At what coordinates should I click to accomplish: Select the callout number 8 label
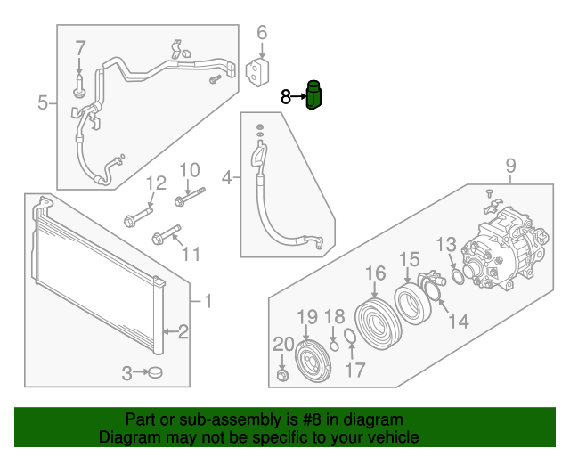coord(286,97)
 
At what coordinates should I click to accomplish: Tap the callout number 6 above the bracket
coord(262,34)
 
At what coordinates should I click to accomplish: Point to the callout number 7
coord(80,48)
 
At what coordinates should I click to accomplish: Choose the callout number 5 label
coord(43,103)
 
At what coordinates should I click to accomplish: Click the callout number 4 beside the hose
coord(227,178)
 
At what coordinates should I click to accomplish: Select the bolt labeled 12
coord(139,217)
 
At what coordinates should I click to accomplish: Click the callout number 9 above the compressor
coord(510,165)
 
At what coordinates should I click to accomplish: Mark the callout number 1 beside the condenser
coord(207,302)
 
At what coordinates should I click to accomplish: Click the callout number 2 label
coord(183,333)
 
